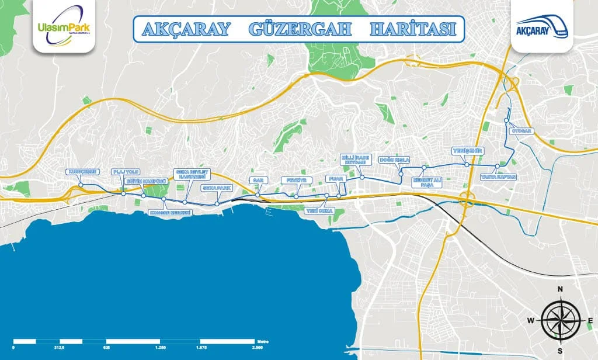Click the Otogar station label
click(522, 131)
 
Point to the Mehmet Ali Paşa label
click(427, 182)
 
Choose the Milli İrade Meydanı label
click(355, 159)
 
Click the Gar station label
click(258, 180)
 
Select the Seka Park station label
click(217, 188)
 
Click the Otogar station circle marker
click(507, 122)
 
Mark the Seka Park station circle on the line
click(217, 204)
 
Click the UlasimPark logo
click(64, 27)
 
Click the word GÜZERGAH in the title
click(300, 28)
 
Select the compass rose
click(559, 320)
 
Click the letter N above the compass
click(559, 289)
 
